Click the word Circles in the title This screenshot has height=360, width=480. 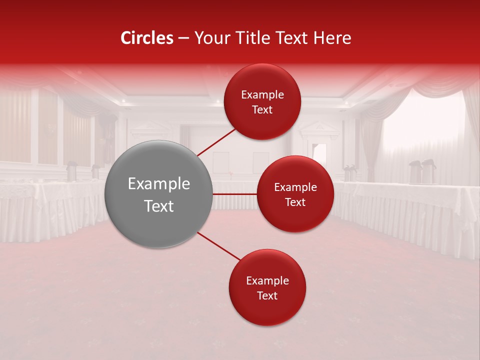point(146,38)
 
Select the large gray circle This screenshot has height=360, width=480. point(159,194)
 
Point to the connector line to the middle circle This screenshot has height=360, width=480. point(235,193)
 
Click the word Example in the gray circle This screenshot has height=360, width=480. point(159,184)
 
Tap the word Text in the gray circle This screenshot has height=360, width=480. point(159,206)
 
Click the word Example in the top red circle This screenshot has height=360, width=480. point(262,95)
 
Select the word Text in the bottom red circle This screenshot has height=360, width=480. point(267,295)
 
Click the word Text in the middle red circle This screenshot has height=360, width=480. point(295,202)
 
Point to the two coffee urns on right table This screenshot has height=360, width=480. point(422,171)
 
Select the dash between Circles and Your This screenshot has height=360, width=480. point(183,38)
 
